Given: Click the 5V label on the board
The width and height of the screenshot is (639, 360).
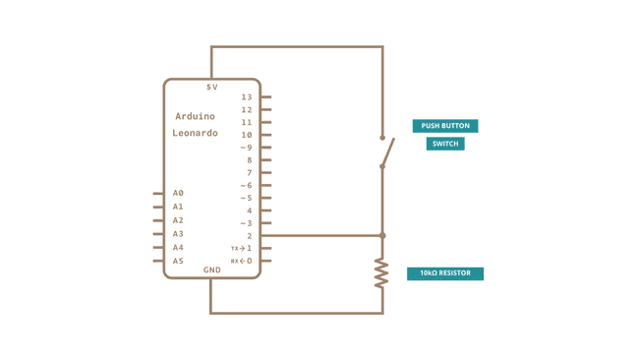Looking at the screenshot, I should tap(212, 88).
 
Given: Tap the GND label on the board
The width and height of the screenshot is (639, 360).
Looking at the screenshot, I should tap(212, 270).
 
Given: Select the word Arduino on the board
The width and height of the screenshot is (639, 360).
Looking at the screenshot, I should tap(195, 116).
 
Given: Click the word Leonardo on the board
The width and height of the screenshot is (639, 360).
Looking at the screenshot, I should tap(195, 133).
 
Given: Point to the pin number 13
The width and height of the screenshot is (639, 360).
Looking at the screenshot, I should tap(246, 97).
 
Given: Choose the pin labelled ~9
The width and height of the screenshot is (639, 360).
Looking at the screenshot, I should tap(246, 148).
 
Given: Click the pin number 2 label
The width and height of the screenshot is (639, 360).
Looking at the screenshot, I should tap(249, 236).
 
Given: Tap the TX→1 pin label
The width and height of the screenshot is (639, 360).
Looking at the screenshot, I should tap(242, 249).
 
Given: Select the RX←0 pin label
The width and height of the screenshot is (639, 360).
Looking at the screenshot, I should tap(242, 262).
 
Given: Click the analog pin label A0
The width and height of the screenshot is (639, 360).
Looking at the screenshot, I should tap(178, 194).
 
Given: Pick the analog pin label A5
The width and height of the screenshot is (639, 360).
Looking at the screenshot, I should tap(178, 262).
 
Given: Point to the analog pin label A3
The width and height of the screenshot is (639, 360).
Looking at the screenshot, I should tap(178, 234).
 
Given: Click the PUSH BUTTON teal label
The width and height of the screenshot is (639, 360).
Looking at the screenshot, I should tap(445, 126).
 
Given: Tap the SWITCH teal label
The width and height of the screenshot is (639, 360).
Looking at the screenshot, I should tap(445, 144).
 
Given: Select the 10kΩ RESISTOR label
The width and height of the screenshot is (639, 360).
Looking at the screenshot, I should tap(445, 273).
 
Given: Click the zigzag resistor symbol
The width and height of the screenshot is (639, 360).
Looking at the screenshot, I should tap(382, 272).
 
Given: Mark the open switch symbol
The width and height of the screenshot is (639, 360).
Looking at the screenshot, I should tap(386, 151).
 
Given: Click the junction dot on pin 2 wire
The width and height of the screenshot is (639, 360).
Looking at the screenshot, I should tap(382, 236).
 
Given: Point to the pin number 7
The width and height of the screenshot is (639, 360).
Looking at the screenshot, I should tap(249, 173).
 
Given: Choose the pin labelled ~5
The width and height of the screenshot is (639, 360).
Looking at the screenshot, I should tap(246, 199).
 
